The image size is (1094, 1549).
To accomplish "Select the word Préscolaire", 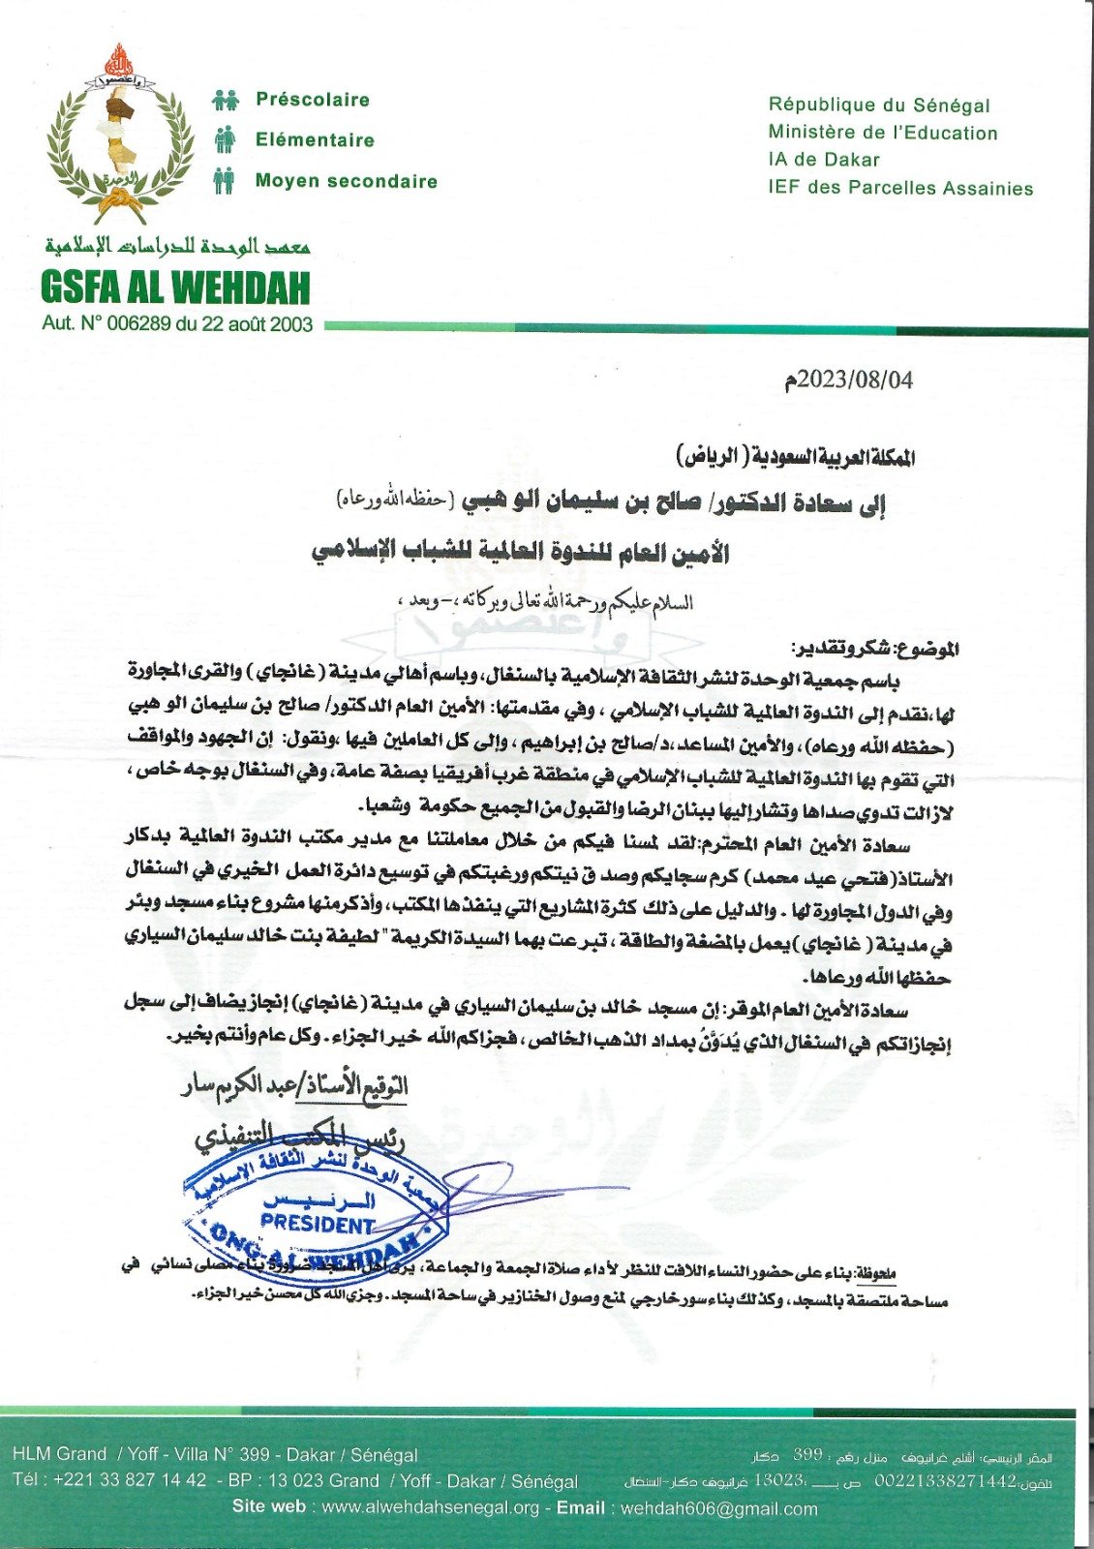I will tap(313, 100).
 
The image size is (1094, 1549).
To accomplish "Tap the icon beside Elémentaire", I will tap(225, 139).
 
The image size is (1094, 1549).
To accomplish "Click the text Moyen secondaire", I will tap(347, 181).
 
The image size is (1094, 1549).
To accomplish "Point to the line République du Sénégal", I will tap(879, 106).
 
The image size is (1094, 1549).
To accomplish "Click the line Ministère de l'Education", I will tap(883, 133).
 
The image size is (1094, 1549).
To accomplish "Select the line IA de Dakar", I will tap(824, 160).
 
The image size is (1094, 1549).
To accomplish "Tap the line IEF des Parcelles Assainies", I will tap(900, 188).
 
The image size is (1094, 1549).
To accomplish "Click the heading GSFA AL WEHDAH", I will tap(175, 288).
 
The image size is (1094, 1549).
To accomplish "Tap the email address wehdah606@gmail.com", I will tap(718, 1508).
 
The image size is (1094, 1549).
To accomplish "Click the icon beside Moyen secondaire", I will tap(225, 181).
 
